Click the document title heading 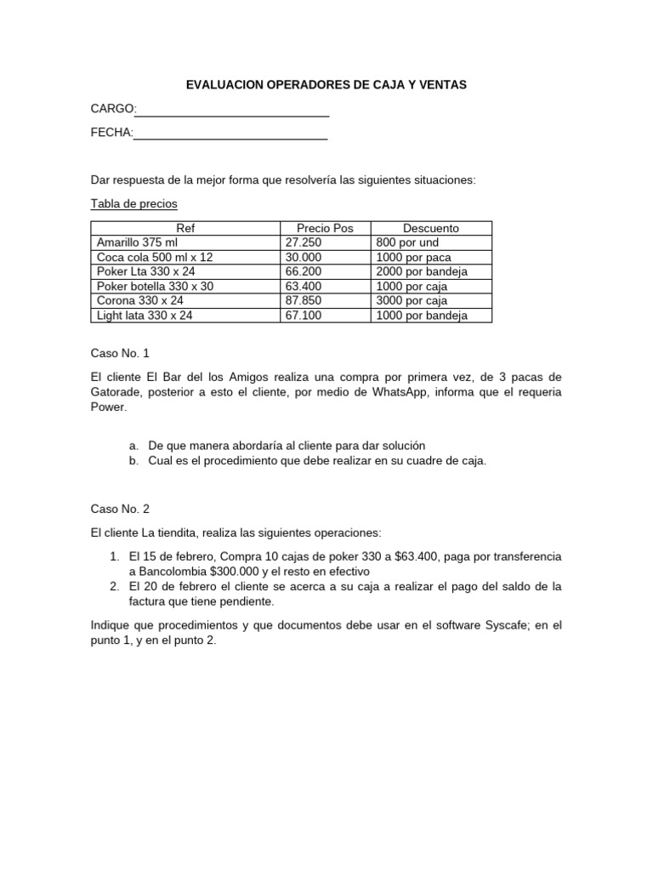tap(326, 85)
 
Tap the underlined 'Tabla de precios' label tap(133, 204)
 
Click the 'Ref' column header tap(185, 228)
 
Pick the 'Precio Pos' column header tap(325, 228)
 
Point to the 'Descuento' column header tap(430, 228)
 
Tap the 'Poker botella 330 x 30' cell tap(156, 286)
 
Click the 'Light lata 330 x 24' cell tap(145, 315)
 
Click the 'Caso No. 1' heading tap(120, 353)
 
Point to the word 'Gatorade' tap(116, 392)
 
